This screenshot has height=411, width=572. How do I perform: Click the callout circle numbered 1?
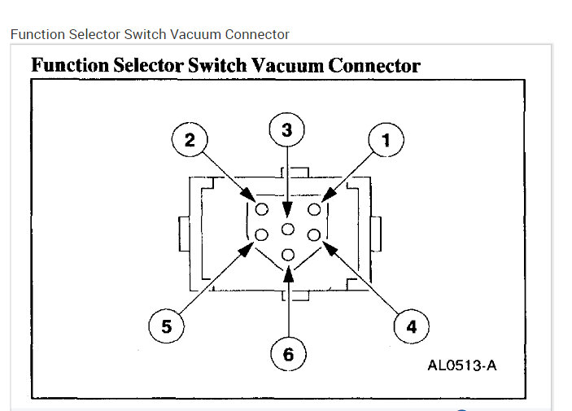coord(386,140)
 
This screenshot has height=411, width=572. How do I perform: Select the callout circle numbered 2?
coord(189,140)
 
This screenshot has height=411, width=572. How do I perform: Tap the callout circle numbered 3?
coord(287,129)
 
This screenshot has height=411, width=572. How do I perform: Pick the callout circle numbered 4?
coord(410,326)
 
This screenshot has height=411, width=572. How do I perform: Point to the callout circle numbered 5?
coord(166,326)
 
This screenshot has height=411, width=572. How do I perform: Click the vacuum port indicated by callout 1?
coord(313,209)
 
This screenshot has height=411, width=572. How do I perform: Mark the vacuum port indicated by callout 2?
coord(262,209)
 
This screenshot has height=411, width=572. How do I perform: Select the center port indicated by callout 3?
coord(288,228)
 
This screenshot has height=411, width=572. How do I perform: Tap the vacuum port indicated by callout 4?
coord(313,235)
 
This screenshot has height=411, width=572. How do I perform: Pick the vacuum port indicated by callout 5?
coord(262,235)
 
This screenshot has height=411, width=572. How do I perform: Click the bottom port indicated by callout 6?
coord(288,256)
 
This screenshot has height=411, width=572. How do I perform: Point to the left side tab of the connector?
coord(183,235)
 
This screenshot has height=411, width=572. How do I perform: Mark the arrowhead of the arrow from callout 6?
coord(288,271)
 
